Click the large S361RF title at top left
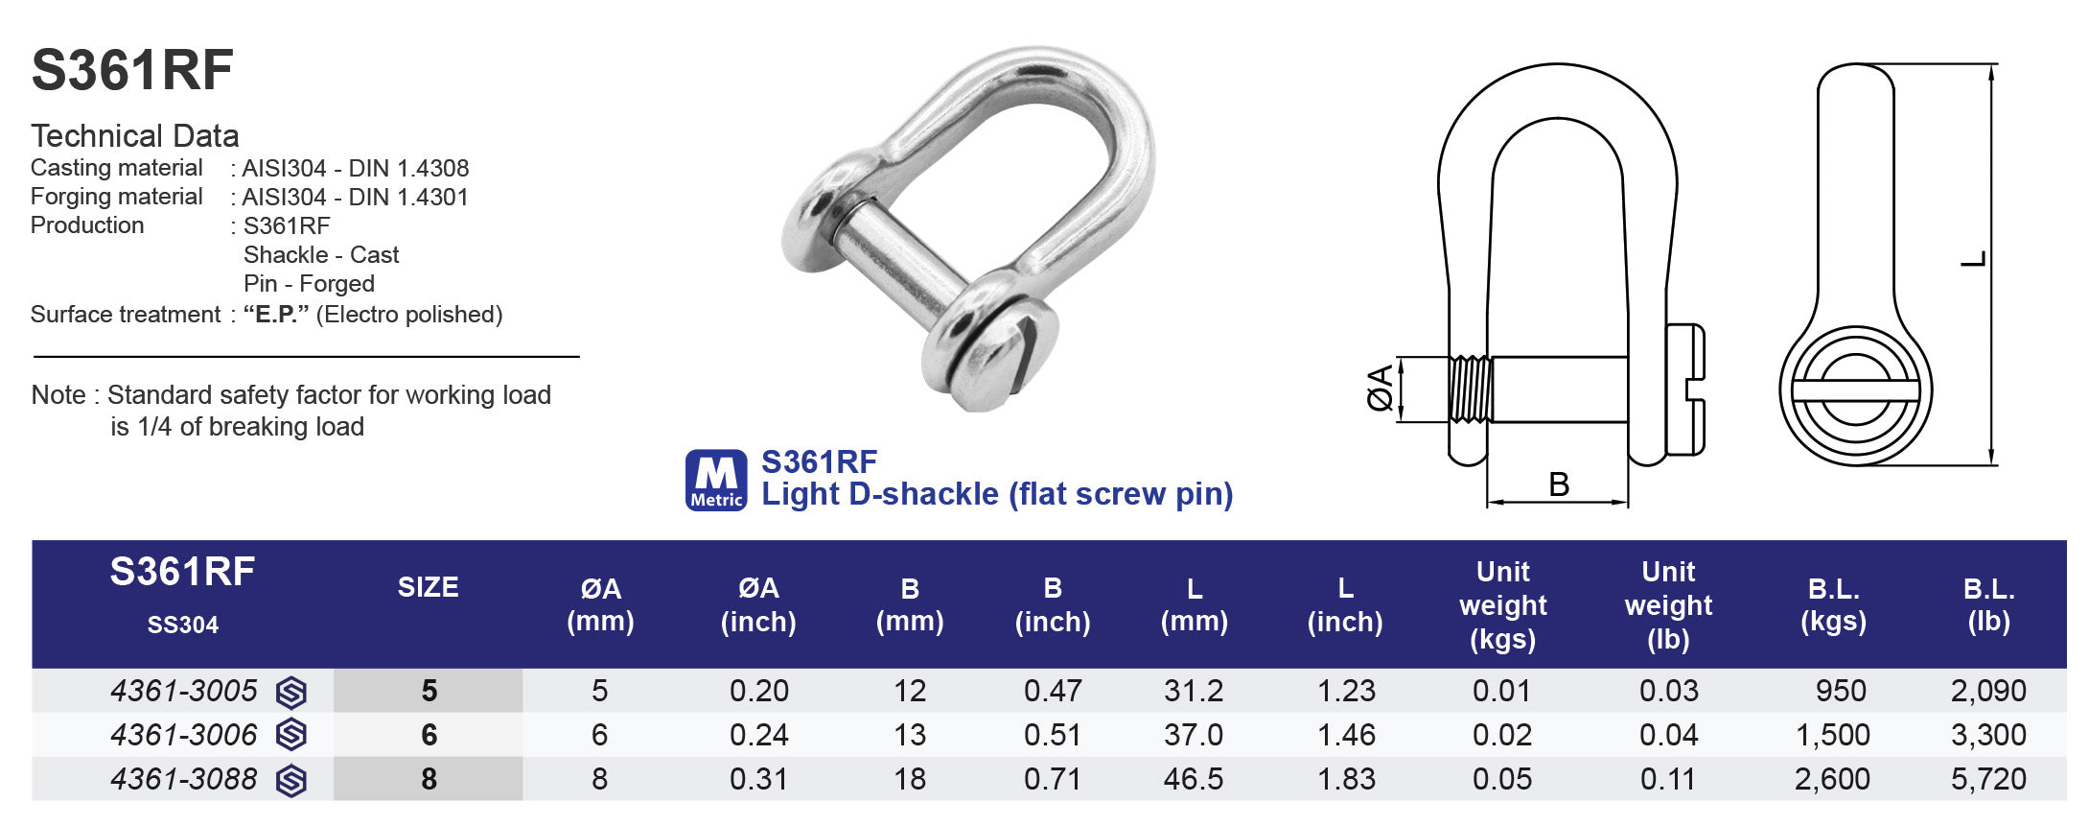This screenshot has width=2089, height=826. pyautogui.click(x=132, y=71)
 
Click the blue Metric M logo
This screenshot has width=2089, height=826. pyautogui.click(x=716, y=480)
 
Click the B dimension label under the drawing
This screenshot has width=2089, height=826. pyautogui.click(x=1559, y=484)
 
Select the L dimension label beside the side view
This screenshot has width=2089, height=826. pyautogui.click(x=1972, y=259)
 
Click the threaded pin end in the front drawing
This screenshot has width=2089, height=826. pyautogui.click(x=1470, y=389)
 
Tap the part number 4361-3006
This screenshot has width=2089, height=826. pyautogui.click(x=184, y=735)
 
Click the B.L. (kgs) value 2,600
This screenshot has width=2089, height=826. pyautogui.click(x=1832, y=779)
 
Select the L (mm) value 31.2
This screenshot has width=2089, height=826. pyautogui.click(x=1194, y=691)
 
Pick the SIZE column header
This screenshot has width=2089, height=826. pyautogui.click(x=428, y=587)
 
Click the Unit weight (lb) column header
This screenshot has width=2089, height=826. pyautogui.click(x=1668, y=604)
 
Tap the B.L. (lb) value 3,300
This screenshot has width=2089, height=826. pyautogui.click(x=1988, y=735)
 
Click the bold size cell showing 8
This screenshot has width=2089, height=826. pyautogui.click(x=429, y=779)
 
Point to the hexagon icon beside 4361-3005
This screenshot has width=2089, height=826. pyautogui.click(x=291, y=692)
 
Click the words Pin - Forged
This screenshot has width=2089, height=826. pyautogui.click(x=309, y=284)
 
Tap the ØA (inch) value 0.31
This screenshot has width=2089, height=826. pyautogui.click(x=758, y=779)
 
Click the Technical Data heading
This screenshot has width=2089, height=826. pyautogui.click(x=135, y=135)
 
